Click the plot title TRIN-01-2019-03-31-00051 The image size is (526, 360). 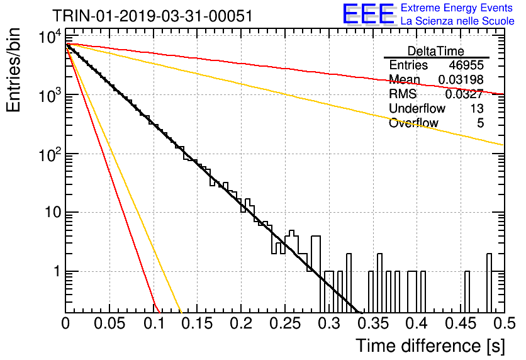tap(152, 16)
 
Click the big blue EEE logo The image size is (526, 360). tap(368, 14)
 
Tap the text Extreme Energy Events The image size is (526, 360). tap(457, 8)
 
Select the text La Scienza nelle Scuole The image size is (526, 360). tap(457, 21)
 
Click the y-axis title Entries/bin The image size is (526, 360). tap(13, 70)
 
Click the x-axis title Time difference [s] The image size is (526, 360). tap(430, 346)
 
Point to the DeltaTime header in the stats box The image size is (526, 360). tap(436, 51)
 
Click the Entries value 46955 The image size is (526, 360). tap(466, 65)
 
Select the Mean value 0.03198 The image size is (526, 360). tap(461, 79)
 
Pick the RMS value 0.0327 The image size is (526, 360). tap(464, 94)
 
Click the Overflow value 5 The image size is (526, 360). tap(480, 123)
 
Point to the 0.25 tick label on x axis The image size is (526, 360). tap(285, 324)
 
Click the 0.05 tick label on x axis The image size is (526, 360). tap(109, 324)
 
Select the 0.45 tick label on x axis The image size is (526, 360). tap(461, 324)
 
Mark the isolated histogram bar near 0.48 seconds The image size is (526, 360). tap(489, 283)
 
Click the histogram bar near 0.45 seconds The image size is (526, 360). tap(467, 292)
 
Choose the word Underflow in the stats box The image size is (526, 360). tap(417, 108)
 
